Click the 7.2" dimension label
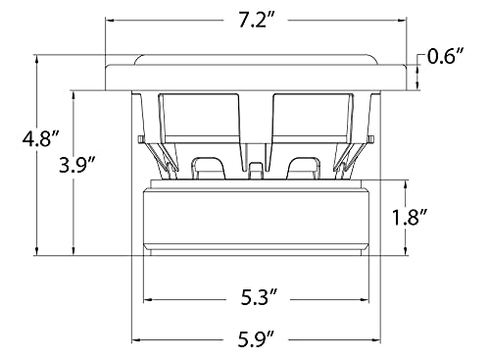click(256, 21)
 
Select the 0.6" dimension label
click(445, 56)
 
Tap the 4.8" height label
click(40, 139)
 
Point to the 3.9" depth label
click(77, 165)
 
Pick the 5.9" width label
click(256, 340)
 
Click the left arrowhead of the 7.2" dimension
click(109, 21)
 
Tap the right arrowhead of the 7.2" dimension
click(403, 21)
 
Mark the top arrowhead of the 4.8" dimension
click(37, 59)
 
